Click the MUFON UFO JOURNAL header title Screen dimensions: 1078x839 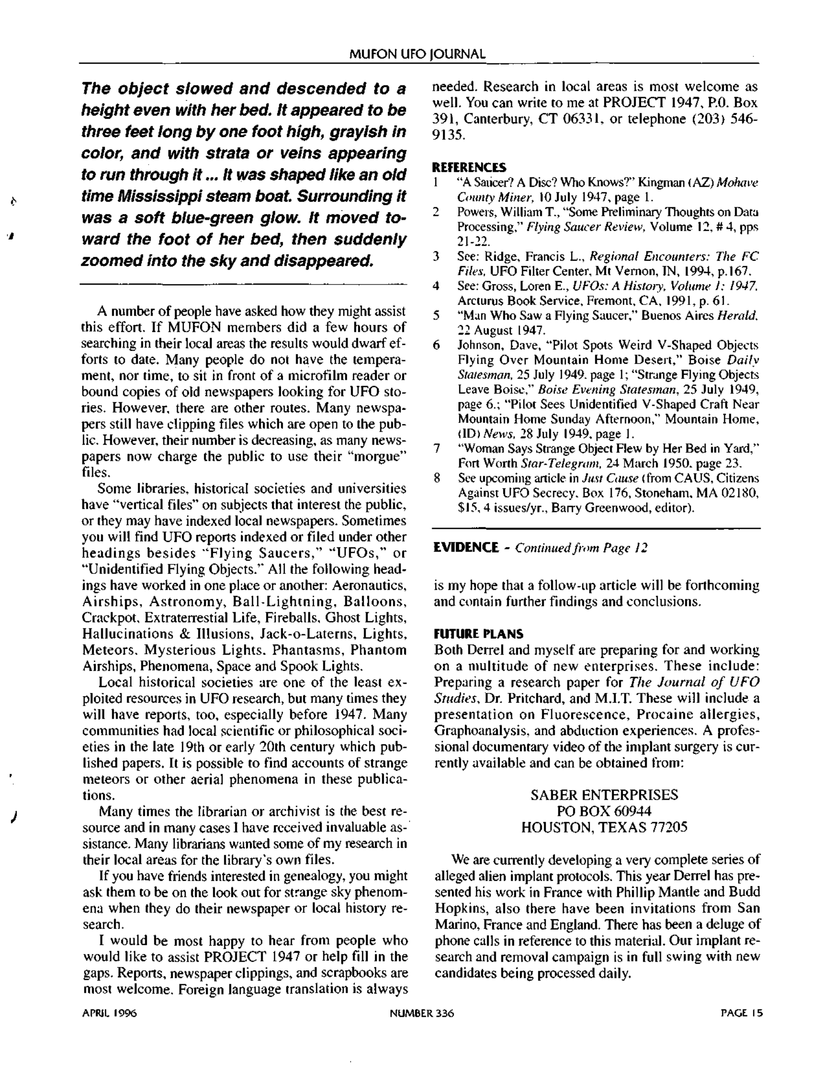417,54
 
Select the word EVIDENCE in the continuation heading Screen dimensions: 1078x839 466,547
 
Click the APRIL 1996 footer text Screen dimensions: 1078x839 109,1013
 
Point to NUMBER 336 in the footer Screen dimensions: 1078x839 421,1013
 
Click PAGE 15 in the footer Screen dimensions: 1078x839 741,1013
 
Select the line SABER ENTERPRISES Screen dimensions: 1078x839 604,795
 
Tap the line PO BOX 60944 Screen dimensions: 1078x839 604,811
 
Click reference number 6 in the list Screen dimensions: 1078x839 436,345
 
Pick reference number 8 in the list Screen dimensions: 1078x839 436,478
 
